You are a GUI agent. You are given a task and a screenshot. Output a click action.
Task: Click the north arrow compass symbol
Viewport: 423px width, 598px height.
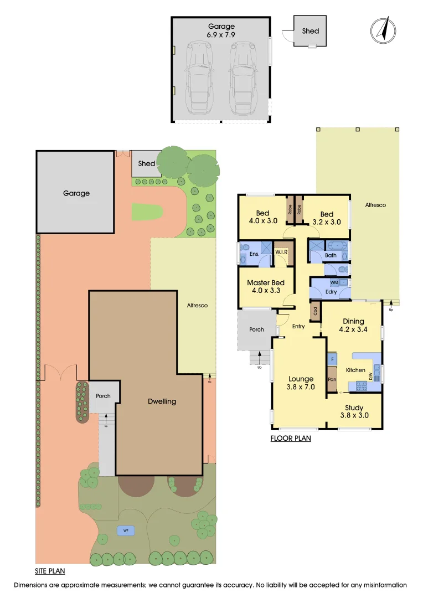[x=382, y=29]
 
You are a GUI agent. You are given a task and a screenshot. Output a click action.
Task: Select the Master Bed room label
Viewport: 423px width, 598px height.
[x=266, y=283]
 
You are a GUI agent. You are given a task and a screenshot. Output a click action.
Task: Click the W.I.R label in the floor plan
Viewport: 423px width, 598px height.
[x=282, y=252]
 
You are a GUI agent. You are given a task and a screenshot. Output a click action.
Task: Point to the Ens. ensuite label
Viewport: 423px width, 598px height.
[x=255, y=254]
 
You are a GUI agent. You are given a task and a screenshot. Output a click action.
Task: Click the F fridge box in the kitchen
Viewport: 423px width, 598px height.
[x=332, y=359]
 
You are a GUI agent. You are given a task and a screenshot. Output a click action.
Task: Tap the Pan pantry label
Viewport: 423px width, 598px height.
[x=332, y=380]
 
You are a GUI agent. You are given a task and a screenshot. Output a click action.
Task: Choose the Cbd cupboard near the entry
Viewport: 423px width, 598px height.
[x=315, y=311]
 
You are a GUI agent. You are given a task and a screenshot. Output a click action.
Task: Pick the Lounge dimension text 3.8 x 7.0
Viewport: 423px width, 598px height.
[x=301, y=388]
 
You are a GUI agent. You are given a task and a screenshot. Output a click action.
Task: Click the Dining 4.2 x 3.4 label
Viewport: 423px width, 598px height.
[x=353, y=325]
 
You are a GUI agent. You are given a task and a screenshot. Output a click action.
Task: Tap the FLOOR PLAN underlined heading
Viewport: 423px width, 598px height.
[x=291, y=439]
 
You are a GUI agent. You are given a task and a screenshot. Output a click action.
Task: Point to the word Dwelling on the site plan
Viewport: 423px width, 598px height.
[x=162, y=401]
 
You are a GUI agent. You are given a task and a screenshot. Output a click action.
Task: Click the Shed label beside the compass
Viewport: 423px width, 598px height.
[x=311, y=31]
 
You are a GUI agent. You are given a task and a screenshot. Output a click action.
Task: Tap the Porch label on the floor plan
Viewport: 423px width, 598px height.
[x=257, y=329]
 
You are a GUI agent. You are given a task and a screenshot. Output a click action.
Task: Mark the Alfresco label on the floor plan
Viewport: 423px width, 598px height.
[x=375, y=205]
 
